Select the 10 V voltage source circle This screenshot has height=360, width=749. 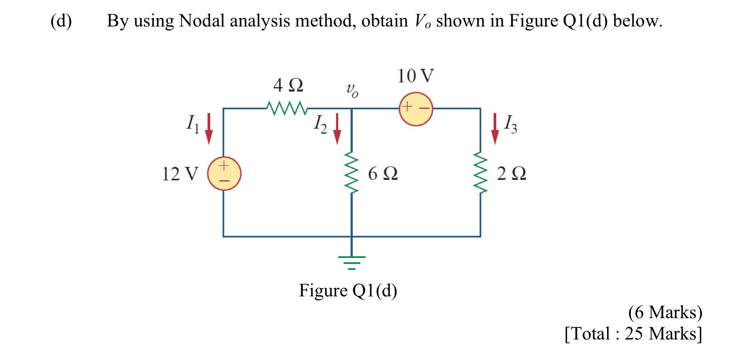pyautogui.click(x=416, y=108)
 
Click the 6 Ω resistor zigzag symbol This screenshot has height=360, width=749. pyautogui.click(x=351, y=173)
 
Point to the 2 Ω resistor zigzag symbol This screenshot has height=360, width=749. pyautogui.click(x=480, y=173)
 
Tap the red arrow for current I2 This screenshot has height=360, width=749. pyautogui.click(x=337, y=129)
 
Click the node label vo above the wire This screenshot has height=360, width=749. pyautogui.click(x=352, y=90)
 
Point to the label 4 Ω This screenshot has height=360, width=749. pyautogui.click(x=288, y=85)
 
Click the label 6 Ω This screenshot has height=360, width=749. pyautogui.click(x=383, y=173)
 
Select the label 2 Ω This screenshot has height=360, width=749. pyautogui.click(x=512, y=173)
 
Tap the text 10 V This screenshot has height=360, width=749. pyautogui.click(x=415, y=76)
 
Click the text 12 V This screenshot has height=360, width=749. pyautogui.click(x=180, y=174)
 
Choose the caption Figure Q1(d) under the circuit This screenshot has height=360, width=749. pyautogui.click(x=348, y=291)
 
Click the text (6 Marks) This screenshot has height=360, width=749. pyautogui.click(x=665, y=312)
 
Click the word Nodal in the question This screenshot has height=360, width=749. pyautogui.click(x=202, y=20)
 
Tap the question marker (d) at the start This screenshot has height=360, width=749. pyautogui.click(x=61, y=20)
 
